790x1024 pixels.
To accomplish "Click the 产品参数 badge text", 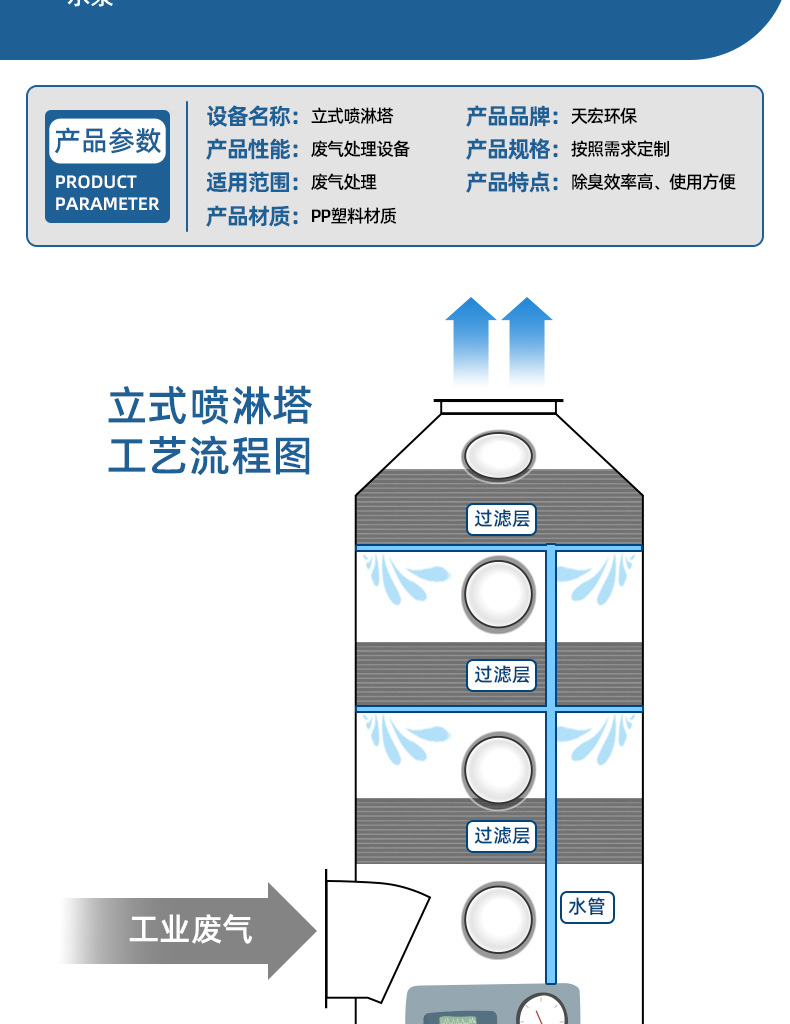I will point(107,141).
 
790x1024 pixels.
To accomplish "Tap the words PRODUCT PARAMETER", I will point(107,193).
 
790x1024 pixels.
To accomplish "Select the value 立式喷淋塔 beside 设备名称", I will point(352,116).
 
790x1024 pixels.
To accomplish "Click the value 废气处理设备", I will point(360,149).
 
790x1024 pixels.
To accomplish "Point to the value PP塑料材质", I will point(353,215).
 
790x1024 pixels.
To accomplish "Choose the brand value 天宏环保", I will point(604,116).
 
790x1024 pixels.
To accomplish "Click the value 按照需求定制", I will point(620,149).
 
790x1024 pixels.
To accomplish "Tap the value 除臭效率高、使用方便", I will point(653,182).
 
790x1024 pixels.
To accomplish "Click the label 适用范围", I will point(248,182).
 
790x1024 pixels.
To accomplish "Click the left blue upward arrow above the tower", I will point(470,340).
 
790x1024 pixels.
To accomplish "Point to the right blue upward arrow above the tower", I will point(527,340).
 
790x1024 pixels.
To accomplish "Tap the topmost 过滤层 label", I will point(501,519).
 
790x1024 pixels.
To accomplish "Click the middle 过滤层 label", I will point(501,675).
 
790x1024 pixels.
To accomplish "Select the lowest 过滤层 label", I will point(501,835).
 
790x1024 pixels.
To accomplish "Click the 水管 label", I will point(587,907).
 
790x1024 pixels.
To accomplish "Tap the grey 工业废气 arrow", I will point(190,931).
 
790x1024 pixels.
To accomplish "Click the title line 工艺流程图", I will point(210,456).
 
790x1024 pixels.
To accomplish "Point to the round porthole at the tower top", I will point(498,455).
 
